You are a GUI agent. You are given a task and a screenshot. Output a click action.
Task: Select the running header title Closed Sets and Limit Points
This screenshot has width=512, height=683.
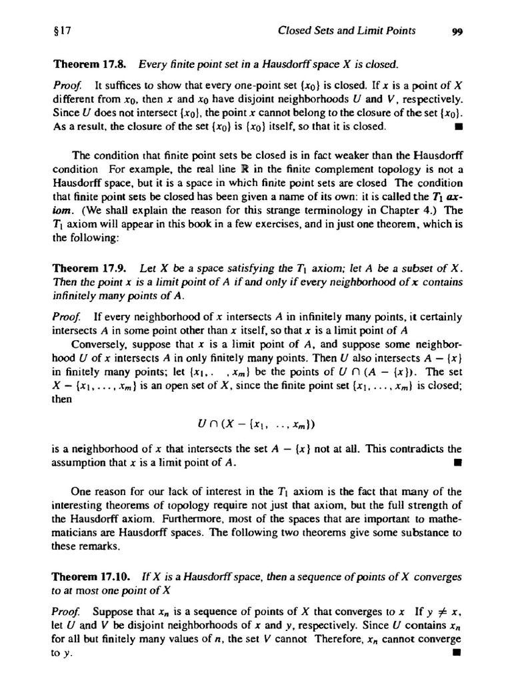pyautogui.click(x=346, y=30)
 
